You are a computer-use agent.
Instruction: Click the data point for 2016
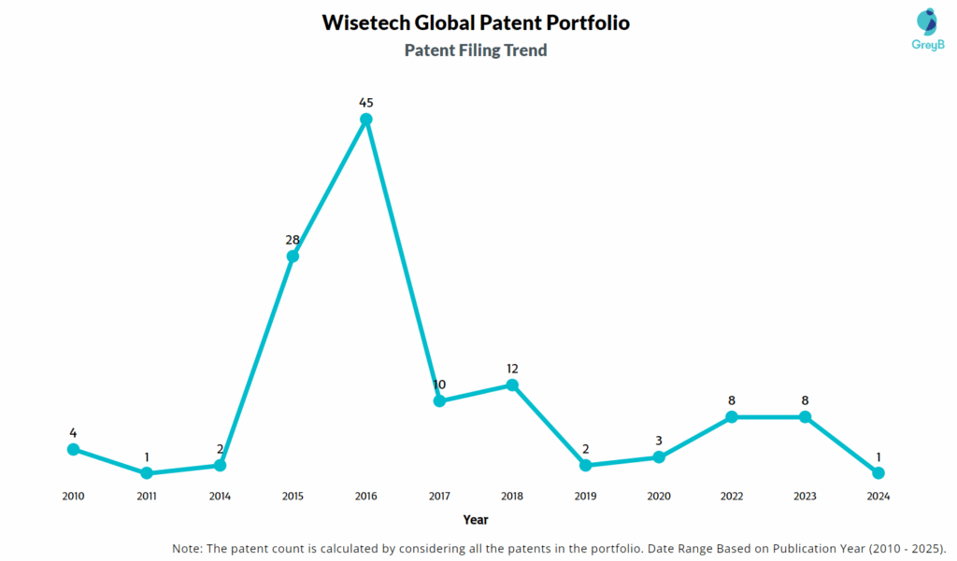tap(366, 119)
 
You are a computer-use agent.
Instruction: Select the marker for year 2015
tap(293, 256)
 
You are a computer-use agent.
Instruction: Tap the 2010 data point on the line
tap(73, 449)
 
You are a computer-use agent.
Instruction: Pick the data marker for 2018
tap(512, 385)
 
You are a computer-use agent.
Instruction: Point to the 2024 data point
tap(878, 473)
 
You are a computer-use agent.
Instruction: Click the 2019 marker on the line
tap(585, 465)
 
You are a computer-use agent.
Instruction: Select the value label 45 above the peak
tap(366, 102)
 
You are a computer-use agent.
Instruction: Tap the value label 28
tap(293, 240)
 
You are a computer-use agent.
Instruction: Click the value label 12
tap(512, 369)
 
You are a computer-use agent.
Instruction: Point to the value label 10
tap(439, 385)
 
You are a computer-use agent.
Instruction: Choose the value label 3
tap(659, 441)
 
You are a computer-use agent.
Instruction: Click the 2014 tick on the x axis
tap(220, 497)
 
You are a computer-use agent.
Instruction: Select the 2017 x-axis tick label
tap(439, 497)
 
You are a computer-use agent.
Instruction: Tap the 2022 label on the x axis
tap(732, 497)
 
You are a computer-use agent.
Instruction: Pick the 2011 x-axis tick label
tap(147, 497)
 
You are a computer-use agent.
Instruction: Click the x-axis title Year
tap(475, 519)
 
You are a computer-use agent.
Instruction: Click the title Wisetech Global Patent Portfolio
tap(475, 22)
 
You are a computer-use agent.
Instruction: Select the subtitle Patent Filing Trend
tap(475, 50)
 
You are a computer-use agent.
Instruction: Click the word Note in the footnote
tap(188, 547)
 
